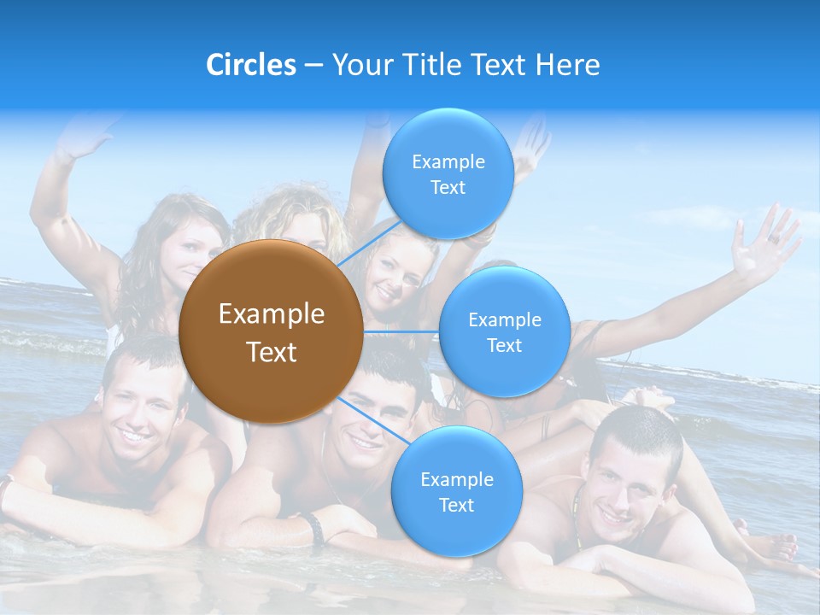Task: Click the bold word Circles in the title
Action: point(250,65)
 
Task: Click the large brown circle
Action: point(270,331)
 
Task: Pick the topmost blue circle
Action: point(448,174)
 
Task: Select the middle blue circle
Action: point(504,331)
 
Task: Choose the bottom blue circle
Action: point(456,492)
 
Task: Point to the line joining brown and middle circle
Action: point(401,331)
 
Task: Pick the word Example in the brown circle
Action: point(272,314)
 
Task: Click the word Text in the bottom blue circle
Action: point(456,505)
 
